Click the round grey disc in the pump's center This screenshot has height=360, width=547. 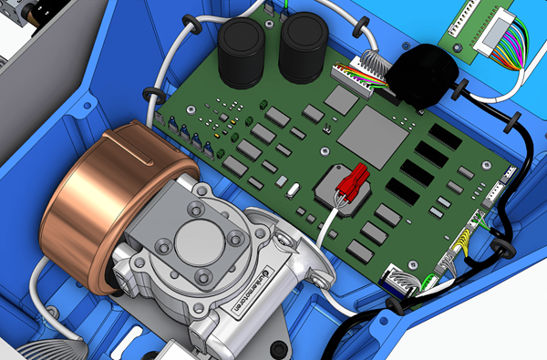(x=196, y=241)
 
